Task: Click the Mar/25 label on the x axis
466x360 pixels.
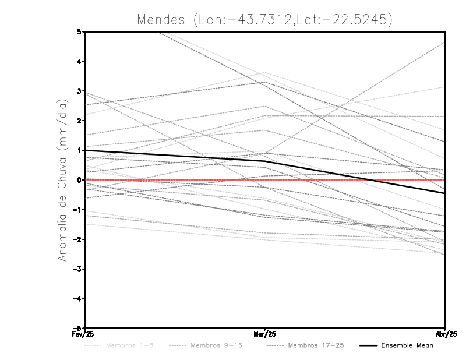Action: coord(264,334)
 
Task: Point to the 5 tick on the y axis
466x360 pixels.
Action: coord(79,31)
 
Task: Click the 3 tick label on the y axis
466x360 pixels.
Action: coord(79,91)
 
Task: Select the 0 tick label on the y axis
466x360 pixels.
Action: coord(79,180)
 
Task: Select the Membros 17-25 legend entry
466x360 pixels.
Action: coord(316,345)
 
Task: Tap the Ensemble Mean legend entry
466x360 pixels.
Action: coord(407,345)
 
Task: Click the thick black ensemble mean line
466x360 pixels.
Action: coord(175,156)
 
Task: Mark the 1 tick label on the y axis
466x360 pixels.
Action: coord(79,150)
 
